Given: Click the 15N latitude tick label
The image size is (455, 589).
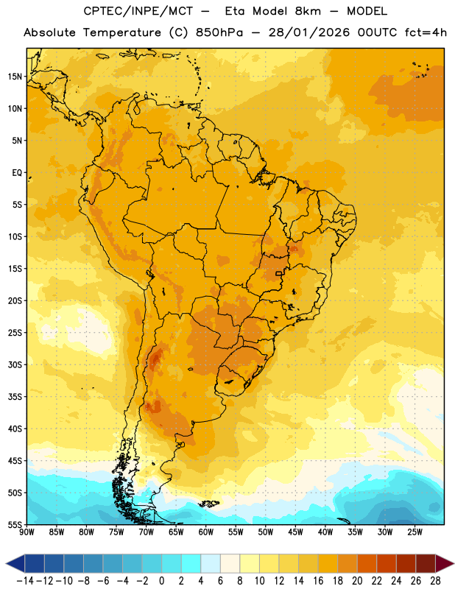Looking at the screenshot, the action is [15, 77].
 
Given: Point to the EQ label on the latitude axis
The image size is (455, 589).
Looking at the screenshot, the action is [17, 173].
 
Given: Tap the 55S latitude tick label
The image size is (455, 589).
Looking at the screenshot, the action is [15, 525].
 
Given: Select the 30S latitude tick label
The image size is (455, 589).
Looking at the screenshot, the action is [15, 364].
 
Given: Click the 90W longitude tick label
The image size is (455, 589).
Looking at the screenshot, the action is [27, 532].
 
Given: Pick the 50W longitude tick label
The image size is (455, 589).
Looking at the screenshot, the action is [266, 532].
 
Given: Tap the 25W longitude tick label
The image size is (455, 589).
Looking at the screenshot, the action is [415, 532].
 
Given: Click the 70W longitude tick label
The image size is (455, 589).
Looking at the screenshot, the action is [147, 532].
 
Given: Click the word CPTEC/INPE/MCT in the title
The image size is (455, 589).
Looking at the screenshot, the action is [138, 11].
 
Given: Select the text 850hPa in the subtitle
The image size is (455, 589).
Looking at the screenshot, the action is [219, 32].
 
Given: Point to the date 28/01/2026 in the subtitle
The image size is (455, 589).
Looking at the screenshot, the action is [308, 32].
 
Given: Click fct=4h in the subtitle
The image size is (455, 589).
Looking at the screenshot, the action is [426, 32].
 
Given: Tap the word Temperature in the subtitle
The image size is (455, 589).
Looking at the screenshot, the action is [122, 32].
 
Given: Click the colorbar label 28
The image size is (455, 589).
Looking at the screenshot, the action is [435, 581].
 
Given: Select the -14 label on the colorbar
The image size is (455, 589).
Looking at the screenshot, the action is [25, 581].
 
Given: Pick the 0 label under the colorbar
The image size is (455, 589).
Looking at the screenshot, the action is [161, 581].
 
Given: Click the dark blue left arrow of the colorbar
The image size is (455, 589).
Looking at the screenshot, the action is [15, 563].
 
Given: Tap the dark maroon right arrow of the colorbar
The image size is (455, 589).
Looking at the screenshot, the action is [445, 563].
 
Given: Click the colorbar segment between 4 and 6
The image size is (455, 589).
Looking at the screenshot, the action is [211, 563].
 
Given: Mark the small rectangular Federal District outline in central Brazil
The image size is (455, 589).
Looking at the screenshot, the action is [278, 273].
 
